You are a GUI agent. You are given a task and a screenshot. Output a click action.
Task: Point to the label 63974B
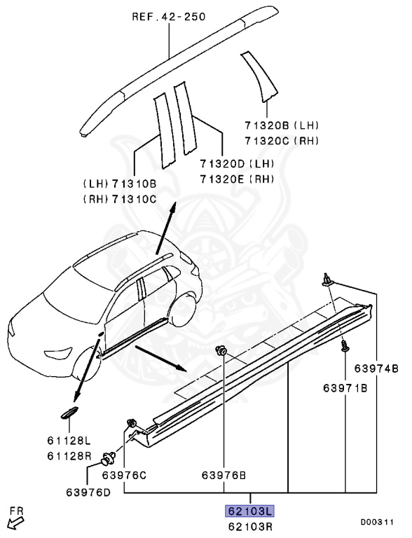coord(376,368)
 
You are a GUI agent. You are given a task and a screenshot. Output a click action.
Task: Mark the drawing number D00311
coord(378,522)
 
